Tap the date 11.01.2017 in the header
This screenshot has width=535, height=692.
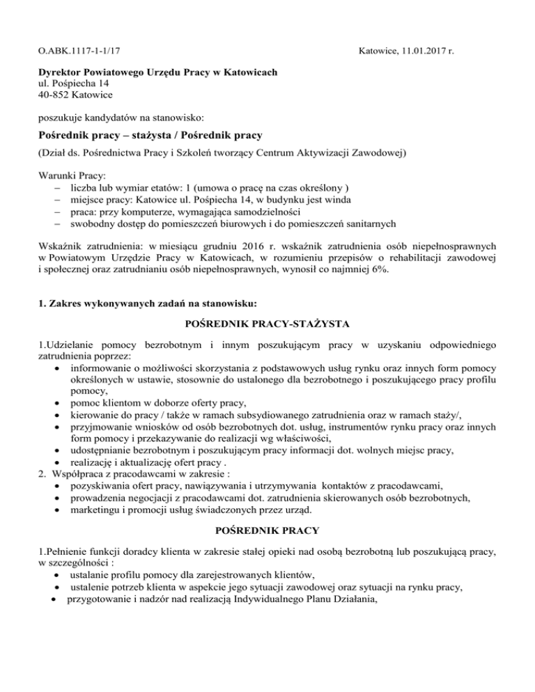422,51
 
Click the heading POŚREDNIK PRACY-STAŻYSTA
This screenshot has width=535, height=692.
267,323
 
